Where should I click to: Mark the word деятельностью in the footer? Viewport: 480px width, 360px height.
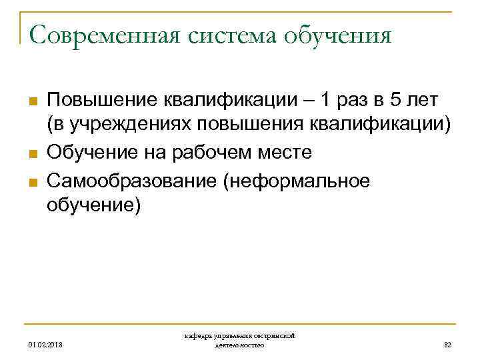tap(240, 345)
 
